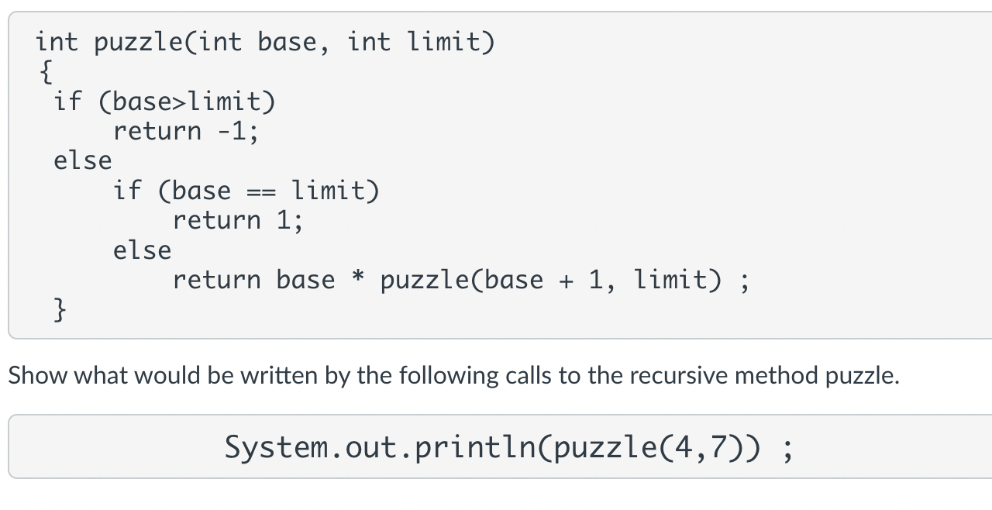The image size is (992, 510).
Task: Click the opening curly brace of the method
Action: (46, 72)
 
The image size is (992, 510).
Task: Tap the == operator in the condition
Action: (260, 191)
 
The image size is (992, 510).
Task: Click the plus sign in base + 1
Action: (566, 280)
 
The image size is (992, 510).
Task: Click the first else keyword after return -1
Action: (82, 160)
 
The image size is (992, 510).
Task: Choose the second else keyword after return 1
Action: (142, 250)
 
